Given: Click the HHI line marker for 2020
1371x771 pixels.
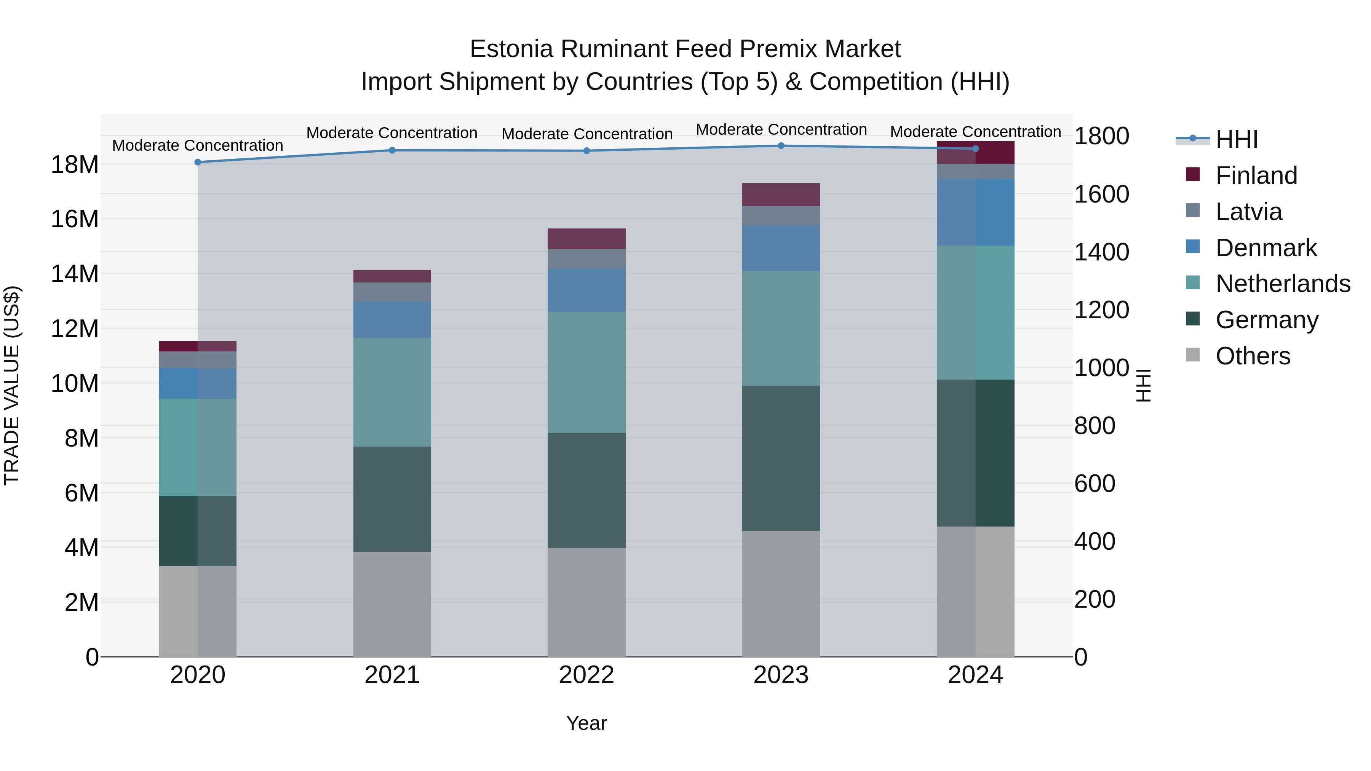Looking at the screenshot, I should point(197,162).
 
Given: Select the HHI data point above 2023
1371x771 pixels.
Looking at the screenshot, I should point(781,146).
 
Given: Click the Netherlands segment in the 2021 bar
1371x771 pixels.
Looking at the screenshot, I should point(392,392).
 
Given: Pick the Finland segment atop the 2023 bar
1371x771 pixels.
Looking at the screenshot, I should point(781,195).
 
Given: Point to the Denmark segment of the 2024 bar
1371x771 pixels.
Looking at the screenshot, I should point(976,212).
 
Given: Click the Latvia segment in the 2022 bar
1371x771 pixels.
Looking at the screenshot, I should point(586,259).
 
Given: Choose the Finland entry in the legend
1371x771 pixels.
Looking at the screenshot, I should point(1256,176).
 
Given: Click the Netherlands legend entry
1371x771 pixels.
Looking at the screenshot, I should point(1283,284).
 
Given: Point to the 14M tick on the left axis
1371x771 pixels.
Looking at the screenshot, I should point(75,274).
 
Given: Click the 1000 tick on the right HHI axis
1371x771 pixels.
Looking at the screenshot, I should point(1101,368).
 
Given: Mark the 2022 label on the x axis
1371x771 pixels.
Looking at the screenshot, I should point(586,675).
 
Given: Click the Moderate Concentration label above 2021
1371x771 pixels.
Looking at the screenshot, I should point(392,133).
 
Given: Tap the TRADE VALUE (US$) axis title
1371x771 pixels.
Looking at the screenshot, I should point(12,385).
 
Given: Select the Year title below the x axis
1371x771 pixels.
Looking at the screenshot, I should point(586,723).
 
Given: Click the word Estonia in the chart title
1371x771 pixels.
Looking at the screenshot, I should point(511,49).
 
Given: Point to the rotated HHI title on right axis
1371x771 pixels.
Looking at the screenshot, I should point(1143,385).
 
